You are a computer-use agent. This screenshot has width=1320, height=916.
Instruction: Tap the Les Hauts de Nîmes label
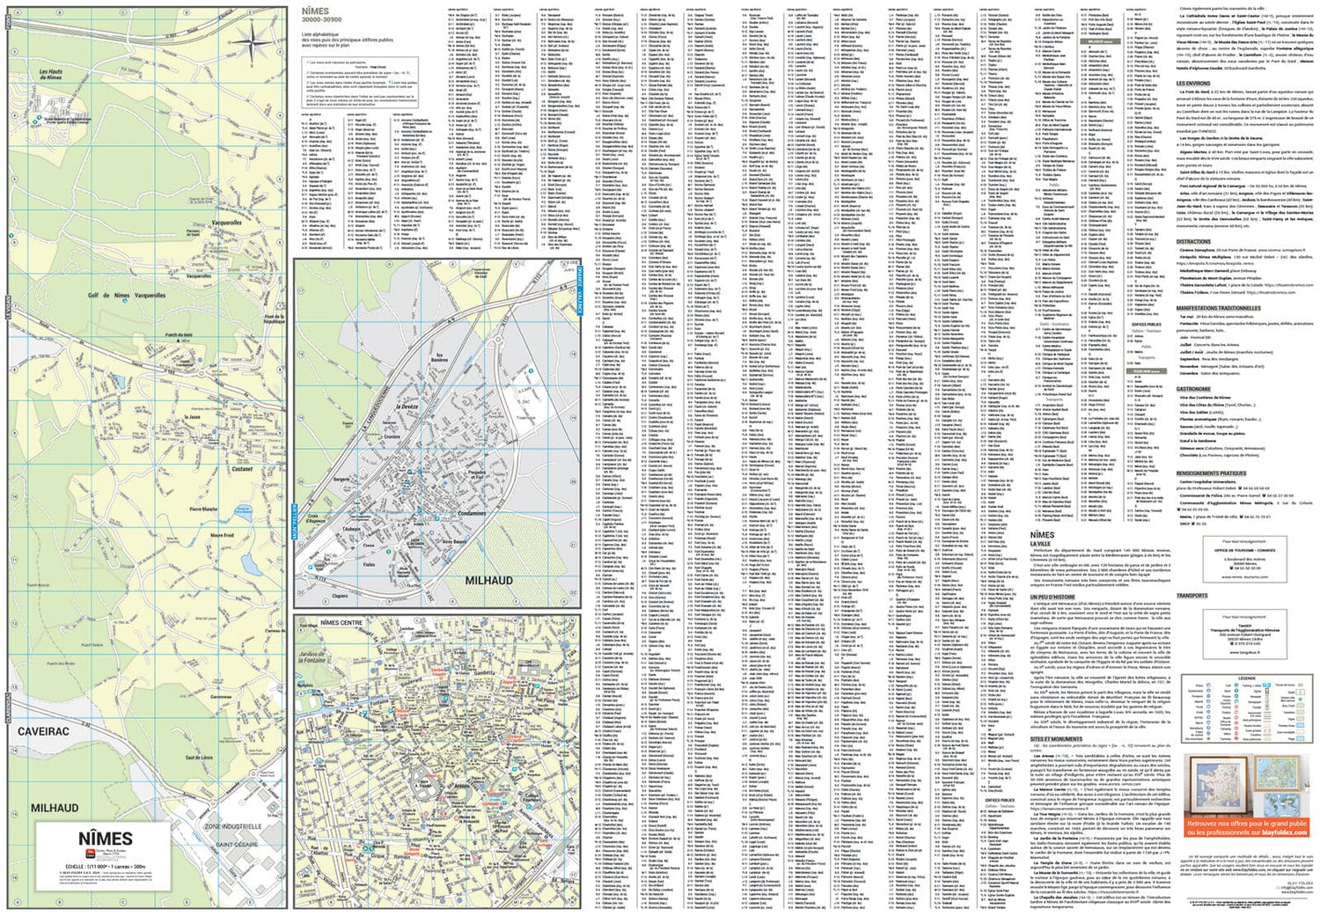click(x=51, y=75)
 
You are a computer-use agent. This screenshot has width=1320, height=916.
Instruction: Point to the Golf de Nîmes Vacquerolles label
click(x=127, y=296)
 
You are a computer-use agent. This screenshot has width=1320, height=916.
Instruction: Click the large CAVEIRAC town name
click(x=43, y=730)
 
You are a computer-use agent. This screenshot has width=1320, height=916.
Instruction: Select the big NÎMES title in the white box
click(x=106, y=839)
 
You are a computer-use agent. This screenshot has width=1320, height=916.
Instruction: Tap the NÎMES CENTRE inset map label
click(x=341, y=622)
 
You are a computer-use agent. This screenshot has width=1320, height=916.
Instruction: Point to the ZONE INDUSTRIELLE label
click(x=233, y=826)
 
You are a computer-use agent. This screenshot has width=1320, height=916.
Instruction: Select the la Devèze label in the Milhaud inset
click(x=407, y=407)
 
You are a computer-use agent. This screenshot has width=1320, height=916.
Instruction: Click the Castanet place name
click(x=242, y=469)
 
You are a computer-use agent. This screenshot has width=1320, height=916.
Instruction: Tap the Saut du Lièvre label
click(x=199, y=757)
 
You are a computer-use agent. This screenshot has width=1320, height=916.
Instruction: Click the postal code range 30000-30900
click(x=321, y=19)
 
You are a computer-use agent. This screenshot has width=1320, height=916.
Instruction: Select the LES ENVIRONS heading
click(x=1193, y=84)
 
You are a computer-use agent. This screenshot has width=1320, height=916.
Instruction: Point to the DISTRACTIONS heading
click(x=1193, y=241)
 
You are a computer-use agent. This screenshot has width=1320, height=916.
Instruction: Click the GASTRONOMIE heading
click(x=1194, y=388)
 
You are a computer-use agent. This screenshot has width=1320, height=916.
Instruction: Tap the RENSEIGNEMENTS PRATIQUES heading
click(x=1212, y=473)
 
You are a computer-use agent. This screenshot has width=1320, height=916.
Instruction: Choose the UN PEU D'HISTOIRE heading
click(x=1052, y=596)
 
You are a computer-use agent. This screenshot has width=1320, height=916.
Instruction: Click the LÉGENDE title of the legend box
click(x=1247, y=678)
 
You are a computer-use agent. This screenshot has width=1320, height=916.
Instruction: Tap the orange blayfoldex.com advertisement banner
click(x=1247, y=827)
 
